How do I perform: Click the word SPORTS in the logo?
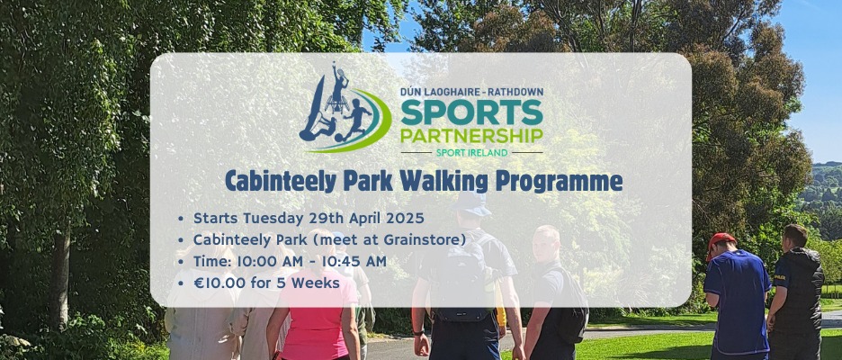pyautogui.click(x=471, y=112)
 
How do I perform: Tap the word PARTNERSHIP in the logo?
pyautogui.click(x=471, y=135)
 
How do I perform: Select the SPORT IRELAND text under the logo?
pyautogui.click(x=471, y=153)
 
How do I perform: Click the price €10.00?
pyautogui.click(x=219, y=283)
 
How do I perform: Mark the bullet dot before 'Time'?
pyautogui.click(x=181, y=262)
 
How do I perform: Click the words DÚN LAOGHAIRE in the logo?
pyautogui.click(x=433, y=92)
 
